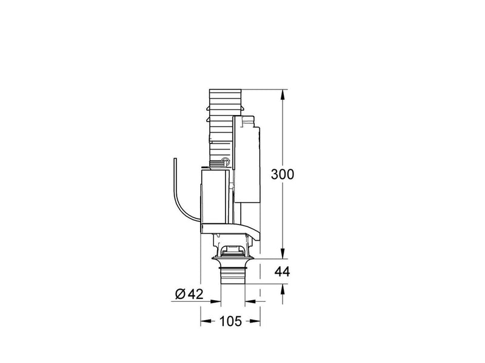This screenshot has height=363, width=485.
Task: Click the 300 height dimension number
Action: [x=283, y=174]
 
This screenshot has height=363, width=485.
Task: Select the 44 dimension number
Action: [x=283, y=272]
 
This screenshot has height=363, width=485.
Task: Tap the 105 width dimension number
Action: [x=230, y=321]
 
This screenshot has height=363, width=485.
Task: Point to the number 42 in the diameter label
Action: [x=195, y=294]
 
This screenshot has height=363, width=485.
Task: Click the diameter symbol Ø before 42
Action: [x=180, y=294]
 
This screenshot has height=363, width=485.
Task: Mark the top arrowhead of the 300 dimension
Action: [x=283, y=94]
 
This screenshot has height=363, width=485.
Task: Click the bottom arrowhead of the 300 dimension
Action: [x=283, y=253]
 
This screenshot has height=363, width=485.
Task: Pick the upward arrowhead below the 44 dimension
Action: [x=283, y=289]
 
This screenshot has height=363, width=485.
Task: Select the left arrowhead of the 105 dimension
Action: [x=206, y=321]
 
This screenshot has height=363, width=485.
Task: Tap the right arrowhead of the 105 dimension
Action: [x=255, y=321]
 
